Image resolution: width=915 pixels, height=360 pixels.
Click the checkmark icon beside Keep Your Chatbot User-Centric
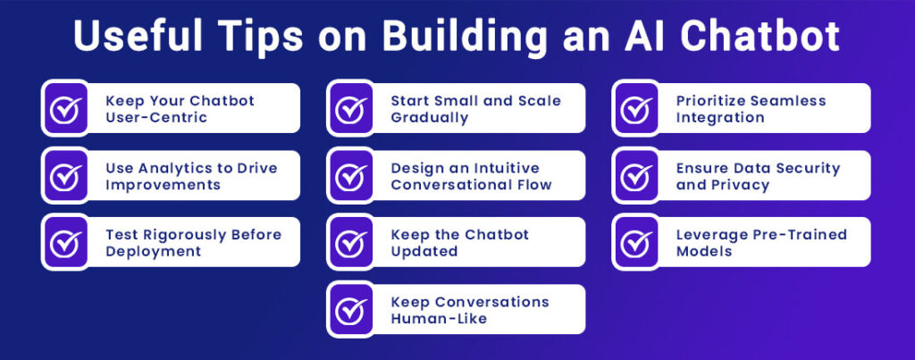coord(64,108)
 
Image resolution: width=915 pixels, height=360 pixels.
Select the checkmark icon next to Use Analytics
coord(64,175)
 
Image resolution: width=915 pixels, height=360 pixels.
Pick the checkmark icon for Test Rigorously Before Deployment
coord(64,242)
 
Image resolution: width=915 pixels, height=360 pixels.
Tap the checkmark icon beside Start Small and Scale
coord(349,108)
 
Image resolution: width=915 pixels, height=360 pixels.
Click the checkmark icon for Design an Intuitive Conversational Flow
coord(349,175)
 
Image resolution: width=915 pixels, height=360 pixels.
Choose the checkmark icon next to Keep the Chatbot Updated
coord(349,242)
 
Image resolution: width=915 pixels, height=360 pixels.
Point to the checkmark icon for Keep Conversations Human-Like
coord(349,309)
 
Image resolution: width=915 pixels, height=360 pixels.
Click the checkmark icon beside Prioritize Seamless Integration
coord(635,108)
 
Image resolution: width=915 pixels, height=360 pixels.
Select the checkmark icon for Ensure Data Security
coord(635,175)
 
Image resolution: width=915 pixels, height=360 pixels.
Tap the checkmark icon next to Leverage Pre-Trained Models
coord(635,242)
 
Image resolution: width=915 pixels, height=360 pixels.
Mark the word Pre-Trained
coord(797,235)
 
